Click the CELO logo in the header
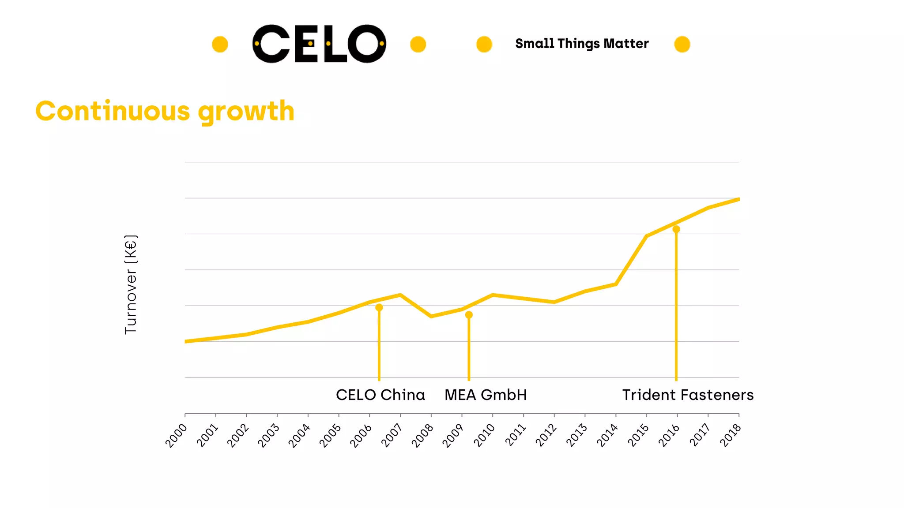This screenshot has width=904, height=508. click(x=319, y=44)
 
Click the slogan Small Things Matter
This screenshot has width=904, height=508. click(x=582, y=44)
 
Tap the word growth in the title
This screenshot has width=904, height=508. click(x=246, y=111)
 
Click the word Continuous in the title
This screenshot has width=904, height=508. click(x=113, y=111)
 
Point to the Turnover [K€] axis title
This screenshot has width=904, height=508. click(x=131, y=284)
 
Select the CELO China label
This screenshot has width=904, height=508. click(x=380, y=395)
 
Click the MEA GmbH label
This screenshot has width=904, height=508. click(x=486, y=395)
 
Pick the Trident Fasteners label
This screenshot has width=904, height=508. click(x=688, y=395)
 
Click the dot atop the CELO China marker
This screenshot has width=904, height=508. click(x=379, y=307)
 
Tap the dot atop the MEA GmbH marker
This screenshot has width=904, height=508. click(x=469, y=315)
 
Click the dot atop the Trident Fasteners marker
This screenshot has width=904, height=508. click(x=676, y=229)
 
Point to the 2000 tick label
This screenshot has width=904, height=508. click(x=177, y=435)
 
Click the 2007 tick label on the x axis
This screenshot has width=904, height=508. click(x=392, y=435)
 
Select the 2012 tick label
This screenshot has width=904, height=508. click(x=546, y=435)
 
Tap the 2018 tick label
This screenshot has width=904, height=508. click(x=731, y=435)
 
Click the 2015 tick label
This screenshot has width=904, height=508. click(x=638, y=435)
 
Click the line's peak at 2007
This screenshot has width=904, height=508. click(x=400, y=295)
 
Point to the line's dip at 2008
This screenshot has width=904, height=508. click(x=431, y=316)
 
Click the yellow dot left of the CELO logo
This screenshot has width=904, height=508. click(x=220, y=44)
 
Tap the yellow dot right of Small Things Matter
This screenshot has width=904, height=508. click(x=682, y=44)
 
